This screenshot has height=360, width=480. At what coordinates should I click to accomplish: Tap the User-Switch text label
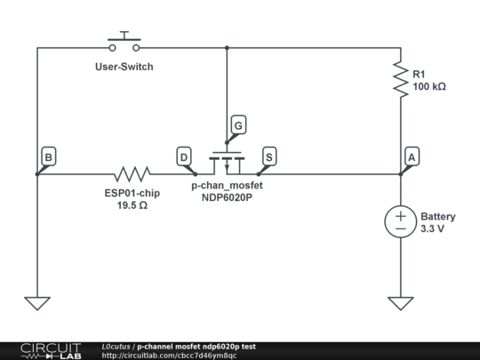[124, 67]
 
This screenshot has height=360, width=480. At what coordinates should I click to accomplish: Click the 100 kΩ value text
[429, 87]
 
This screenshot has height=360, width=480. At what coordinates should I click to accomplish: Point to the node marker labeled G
[236, 125]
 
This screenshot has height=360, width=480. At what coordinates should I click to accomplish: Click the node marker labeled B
[48, 157]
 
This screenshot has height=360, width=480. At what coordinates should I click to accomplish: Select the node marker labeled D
[184, 157]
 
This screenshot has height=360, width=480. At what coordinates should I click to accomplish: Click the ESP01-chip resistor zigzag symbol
[132, 173]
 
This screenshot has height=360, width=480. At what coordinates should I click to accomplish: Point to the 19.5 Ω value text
[132, 205]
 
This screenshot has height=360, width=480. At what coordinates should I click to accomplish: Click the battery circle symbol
[400, 222]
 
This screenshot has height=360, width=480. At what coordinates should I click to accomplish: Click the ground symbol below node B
[37, 302]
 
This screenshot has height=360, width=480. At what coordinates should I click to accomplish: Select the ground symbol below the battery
[400, 302]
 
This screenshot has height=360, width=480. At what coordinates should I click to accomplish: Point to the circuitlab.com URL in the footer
[169, 356]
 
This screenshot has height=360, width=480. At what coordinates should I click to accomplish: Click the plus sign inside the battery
[400, 216]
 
